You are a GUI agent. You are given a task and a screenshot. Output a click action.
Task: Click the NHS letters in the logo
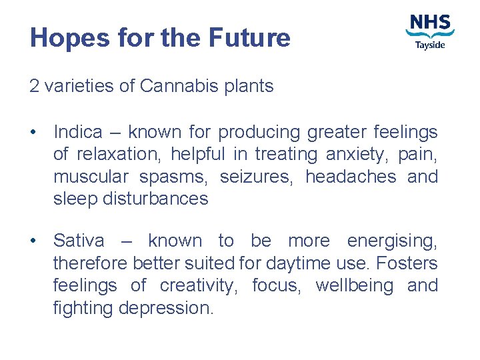pos(430,23)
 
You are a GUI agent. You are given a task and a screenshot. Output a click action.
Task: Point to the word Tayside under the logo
pos(430,45)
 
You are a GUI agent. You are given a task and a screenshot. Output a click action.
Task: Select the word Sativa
pos(78,241)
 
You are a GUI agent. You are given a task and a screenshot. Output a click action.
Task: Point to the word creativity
pos(198,286)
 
